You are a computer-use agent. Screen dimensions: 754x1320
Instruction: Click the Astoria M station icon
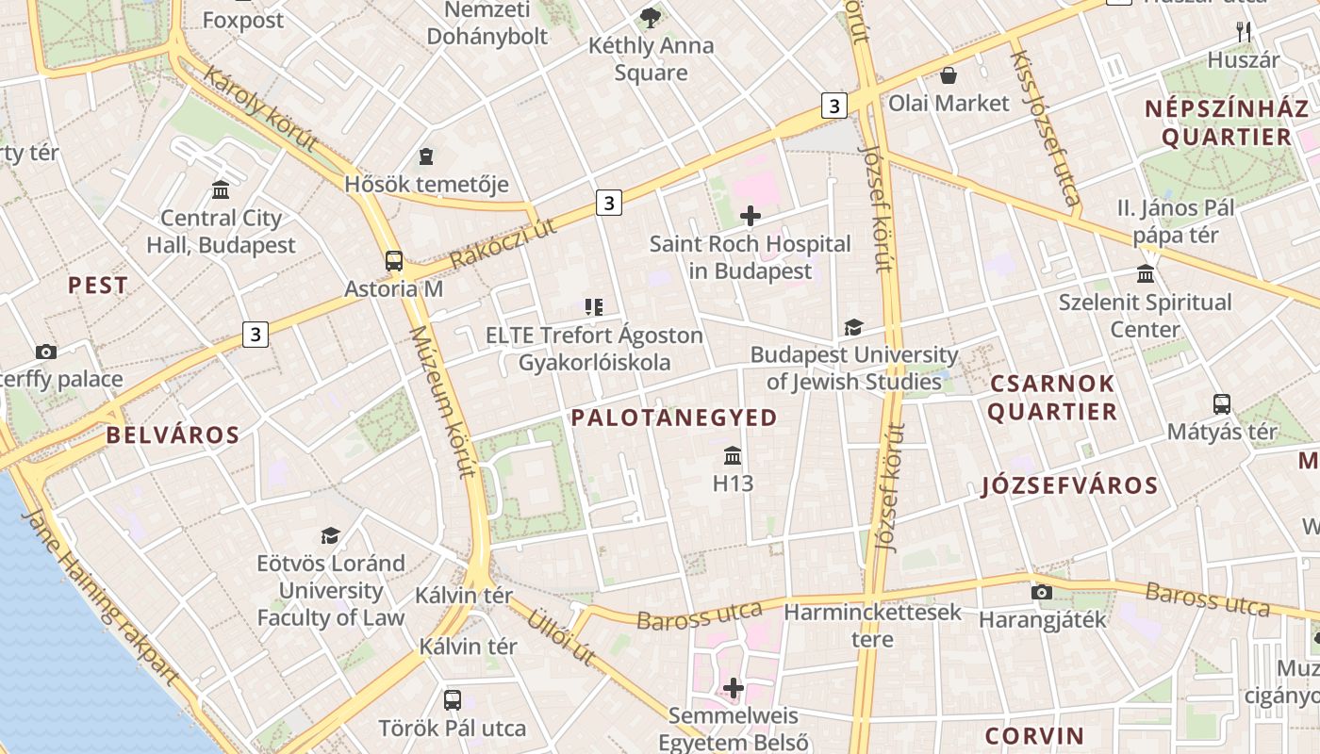394,261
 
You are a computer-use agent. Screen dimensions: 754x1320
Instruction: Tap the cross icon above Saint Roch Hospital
751,217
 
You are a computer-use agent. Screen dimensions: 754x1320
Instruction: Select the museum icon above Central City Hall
221,190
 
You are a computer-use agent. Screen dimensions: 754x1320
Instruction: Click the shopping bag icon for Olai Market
949,75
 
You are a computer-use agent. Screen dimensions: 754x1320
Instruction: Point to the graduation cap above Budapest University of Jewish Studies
853,327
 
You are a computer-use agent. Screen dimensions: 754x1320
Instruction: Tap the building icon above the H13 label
733,457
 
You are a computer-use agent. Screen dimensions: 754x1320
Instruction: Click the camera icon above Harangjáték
1042,592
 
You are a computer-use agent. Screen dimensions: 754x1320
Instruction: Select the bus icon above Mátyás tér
1222,404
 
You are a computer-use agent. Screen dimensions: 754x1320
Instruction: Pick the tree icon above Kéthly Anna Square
651,17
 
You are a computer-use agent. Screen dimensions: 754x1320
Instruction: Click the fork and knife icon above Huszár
1244,32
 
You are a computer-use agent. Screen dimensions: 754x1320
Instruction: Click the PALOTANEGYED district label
674,418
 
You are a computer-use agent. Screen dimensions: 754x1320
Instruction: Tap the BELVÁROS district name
173,434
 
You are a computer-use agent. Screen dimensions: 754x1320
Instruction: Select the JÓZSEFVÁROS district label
1069,485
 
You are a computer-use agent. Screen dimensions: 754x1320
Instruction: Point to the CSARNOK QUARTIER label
1052,398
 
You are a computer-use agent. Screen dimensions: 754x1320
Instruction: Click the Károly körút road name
259,109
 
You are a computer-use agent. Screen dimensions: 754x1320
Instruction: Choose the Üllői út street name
563,636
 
